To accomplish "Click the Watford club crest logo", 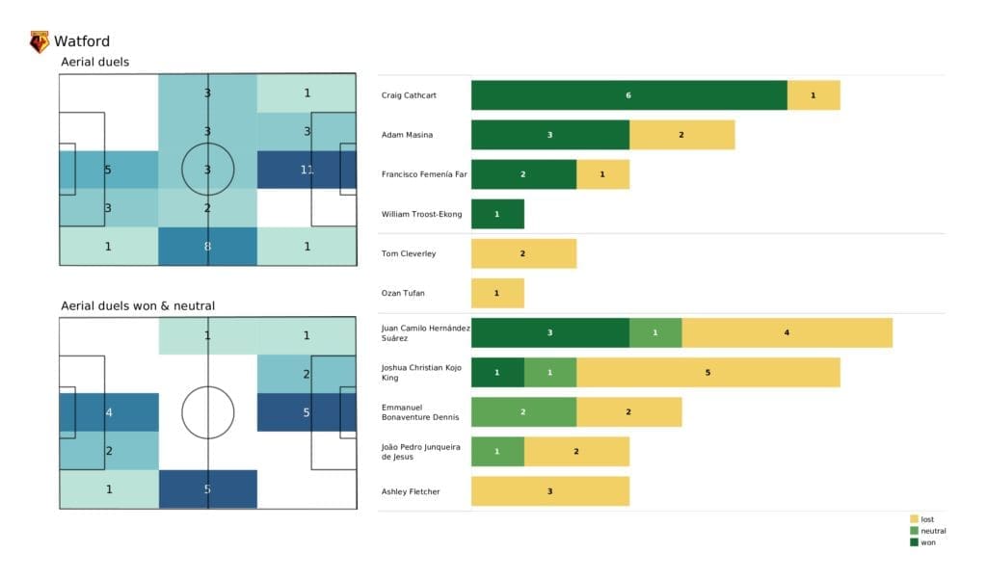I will [x=40, y=41].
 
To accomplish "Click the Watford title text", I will [x=82, y=41].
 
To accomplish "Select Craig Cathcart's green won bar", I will [x=628, y=95].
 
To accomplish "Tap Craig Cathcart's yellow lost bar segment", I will [x=814, y=95].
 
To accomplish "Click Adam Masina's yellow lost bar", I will [x=681, y=135].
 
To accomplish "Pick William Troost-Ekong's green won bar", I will [x=497, y=214].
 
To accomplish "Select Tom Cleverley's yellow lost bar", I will [x=523, y=253].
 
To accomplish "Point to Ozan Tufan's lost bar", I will [x=497, y=293].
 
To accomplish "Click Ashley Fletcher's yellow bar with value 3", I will [x=549, y=491].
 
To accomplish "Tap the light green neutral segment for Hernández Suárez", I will [x=655, y=332].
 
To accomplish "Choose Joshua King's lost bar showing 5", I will [x=707, y=372].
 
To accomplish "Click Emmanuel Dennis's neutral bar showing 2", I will [x=523, y=411].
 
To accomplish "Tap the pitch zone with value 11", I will [x=307, y=170].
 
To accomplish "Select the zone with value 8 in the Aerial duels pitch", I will [x=207, y=246].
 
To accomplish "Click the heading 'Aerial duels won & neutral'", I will [x=137, y=306].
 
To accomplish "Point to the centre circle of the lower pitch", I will [x=207, y=412].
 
